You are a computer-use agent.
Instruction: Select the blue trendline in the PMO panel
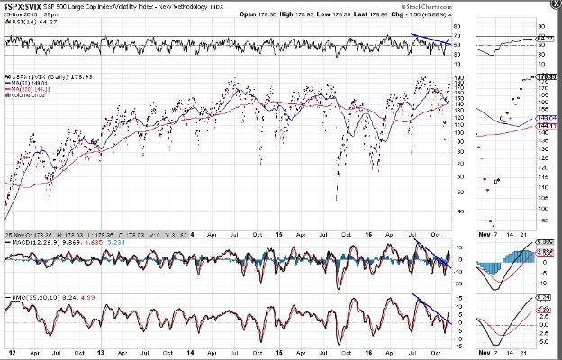click(431, 309)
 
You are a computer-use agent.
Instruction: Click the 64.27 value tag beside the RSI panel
click(544, 40)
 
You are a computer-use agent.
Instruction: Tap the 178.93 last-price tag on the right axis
click(544, 78)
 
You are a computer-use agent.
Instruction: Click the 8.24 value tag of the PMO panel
click(544, 295)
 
